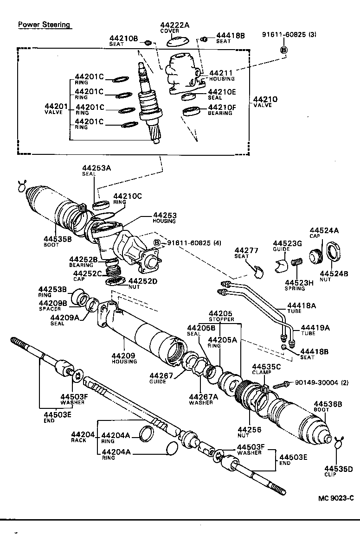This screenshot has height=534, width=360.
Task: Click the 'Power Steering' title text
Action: coord(44,25)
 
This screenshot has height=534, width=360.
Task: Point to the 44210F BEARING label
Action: coord(222,110)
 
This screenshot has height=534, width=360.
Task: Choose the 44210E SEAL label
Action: coord(222,95)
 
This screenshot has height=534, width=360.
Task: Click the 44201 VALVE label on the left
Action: coord(56,109)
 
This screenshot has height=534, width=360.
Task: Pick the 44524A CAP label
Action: coord(324,233)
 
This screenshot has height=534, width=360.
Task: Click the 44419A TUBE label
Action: coord(315,330)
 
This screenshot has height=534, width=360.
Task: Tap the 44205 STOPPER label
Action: coord(220,316)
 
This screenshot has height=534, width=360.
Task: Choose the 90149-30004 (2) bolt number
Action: coord(318,382)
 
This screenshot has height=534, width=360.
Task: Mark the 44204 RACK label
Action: coord(82,437)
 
